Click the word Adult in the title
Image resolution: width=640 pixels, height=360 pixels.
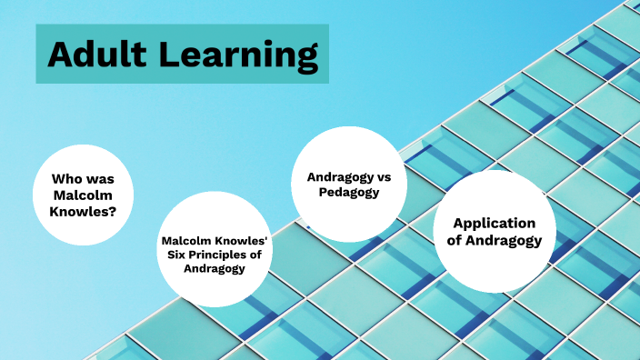click(x=97, y=55)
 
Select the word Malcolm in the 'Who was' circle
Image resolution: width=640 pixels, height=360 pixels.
click(x=84, y=195)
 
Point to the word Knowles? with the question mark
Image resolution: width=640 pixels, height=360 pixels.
click(x=84, y=212)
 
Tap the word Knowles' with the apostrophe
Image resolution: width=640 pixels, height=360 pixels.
click(x=236, y=241)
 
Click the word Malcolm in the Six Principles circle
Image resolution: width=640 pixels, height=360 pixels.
click(x=185, y=241)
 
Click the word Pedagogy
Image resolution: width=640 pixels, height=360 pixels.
click(x=348, y=193)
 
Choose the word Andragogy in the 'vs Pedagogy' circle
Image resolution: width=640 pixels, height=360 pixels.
click(x=339, y=176)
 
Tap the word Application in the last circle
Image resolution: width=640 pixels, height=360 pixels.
click(x=494, y=224)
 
